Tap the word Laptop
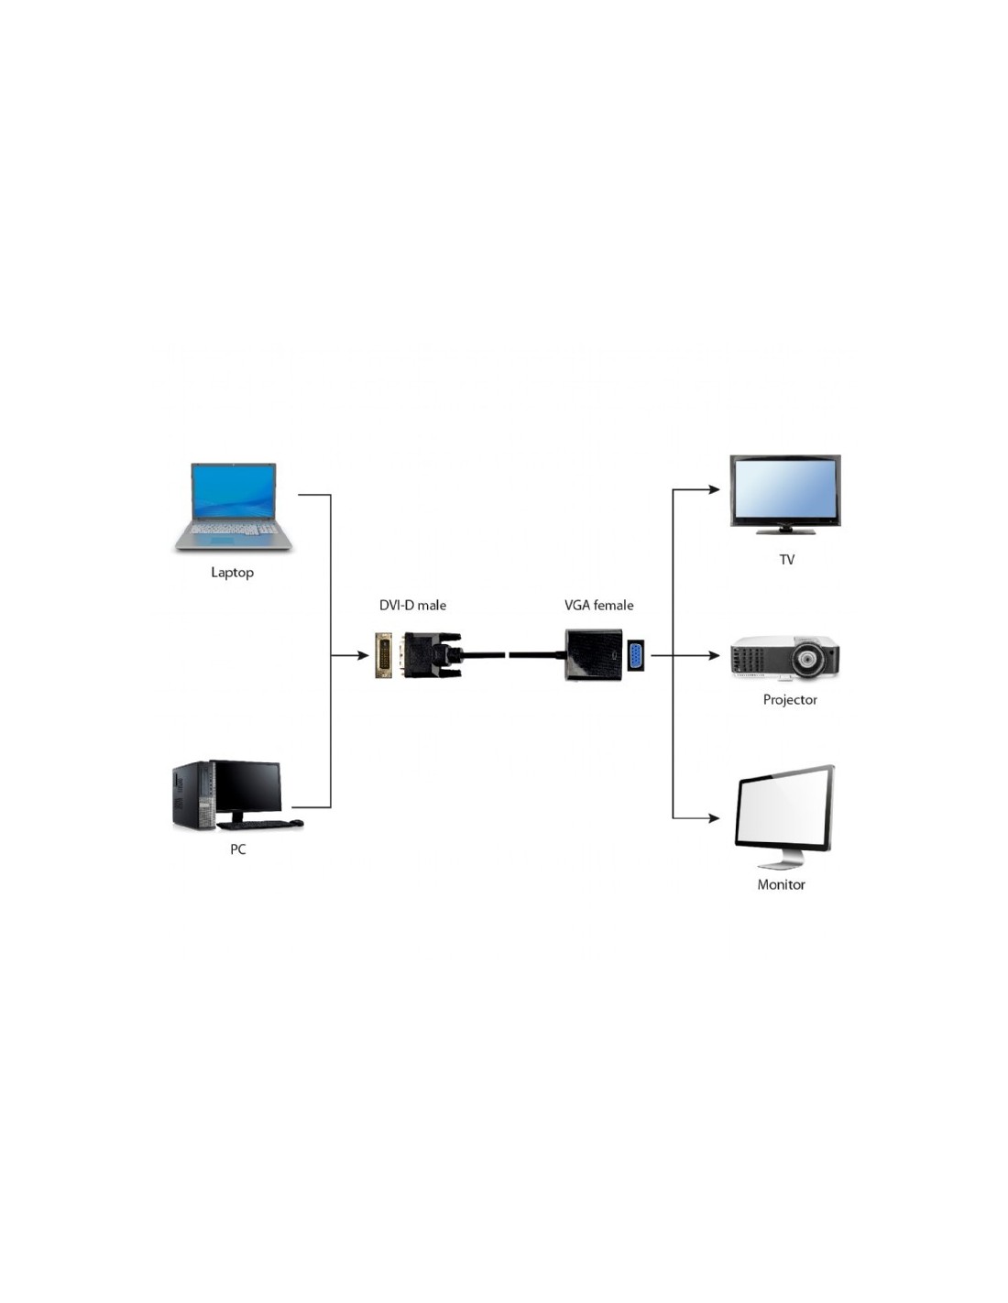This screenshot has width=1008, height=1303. pyautogui.click(x=232, y=573)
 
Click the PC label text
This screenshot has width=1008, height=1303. pyautogui.click(x=238, y=849)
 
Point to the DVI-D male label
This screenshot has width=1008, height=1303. pyautogui.click(x=412, y=605)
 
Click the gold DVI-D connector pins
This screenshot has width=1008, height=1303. pyautogui.click(x=384, y=655)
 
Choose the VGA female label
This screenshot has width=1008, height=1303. pyautogui.click(x=598, y=605)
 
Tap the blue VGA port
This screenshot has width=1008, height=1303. pyautogui.click(x=635, y=656)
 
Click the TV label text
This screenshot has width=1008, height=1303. pyautogui.click(x=787, y=560)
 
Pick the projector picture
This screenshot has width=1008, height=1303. pyautogui.click(x=785, y=658)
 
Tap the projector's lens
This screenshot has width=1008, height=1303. pyautogui.click(x=807, y=658)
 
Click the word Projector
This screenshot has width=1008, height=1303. pyautogui.click(x=790, y=700)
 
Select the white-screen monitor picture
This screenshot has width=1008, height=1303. pyautogui.click(x=784, y=815)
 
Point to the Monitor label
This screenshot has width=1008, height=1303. pyautogui.click(x=781, y=885)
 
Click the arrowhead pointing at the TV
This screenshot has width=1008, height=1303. pyautogui.click(x=715, y=489)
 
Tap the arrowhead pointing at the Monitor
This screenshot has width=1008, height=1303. pyautogui.click(x=715, y=817)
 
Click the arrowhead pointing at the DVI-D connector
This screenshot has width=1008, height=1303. pyautogui.click(x=363, y=655)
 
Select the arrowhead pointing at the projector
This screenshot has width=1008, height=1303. pyautogui.click(x=715, y=655)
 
